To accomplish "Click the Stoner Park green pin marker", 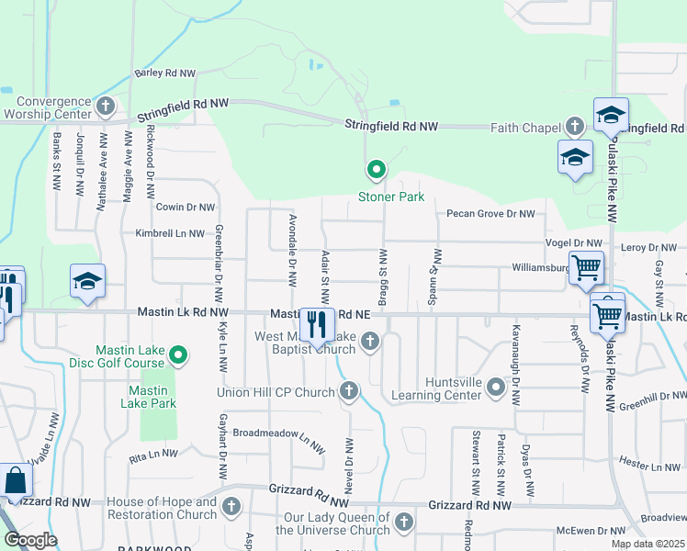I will coord(376,169).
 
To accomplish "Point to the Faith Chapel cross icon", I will coord(575,126).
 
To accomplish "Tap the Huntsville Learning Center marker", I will coord(496,388).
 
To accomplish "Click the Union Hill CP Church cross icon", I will coord(348,392).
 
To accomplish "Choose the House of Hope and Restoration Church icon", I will coord(231,506).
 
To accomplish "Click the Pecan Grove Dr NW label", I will coord(490,214).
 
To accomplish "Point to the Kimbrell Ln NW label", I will coord(170,234).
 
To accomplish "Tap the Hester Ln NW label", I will coord(649,467).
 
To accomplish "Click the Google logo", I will coord(30,540).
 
